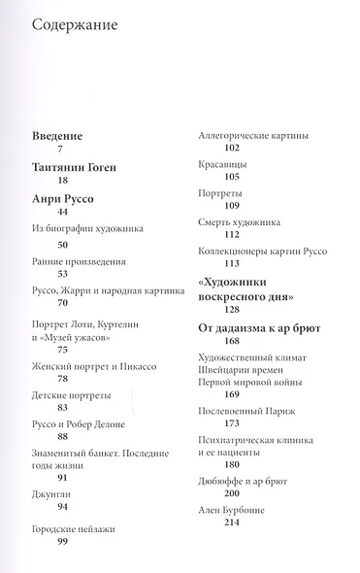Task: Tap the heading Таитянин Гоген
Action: click(73, 167)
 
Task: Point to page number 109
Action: click(230, 205)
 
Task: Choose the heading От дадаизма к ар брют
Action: click(259, 328)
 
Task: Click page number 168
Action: click(230, 342)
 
